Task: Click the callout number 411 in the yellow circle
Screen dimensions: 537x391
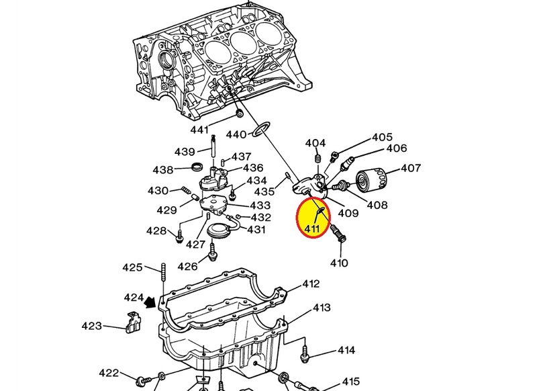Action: click(x=312, y=228)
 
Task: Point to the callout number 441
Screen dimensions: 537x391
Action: click(x=199, y=130)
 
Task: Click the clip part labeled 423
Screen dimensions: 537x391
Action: click(x=133, y=322)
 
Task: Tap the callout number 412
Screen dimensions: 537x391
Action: click(x=311, y=284)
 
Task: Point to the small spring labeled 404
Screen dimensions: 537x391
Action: click(x=317, y=159)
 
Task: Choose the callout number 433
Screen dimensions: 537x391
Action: click(x=260, y=206)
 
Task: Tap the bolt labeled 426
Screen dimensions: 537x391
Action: click(x=212, y=252)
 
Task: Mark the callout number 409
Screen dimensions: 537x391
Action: click(x=348, y=213)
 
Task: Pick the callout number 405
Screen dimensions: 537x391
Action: click(x=382, y=137)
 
